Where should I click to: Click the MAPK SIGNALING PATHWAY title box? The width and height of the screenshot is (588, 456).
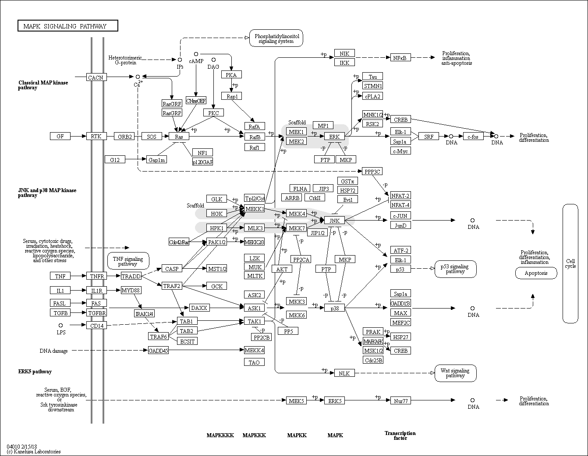pyautogui.click(x=67, y=26)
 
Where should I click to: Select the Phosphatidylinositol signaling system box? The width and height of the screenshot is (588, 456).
pyautogui.click(x=276, y=39)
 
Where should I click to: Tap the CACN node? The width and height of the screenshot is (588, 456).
pyautogui.click(x=96, y=77)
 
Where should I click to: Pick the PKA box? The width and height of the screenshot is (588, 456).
pyautogui.click(x=231, y=75)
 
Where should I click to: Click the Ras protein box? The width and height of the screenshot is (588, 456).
pyautogui.click(x=179, y=137)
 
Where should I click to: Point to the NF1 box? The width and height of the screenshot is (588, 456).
pyautogui.click(x=202, y=153)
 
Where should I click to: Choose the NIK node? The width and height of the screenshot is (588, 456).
pyautogui.click(x=344, y=53)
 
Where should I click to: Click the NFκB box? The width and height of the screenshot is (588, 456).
pyautogui.click(x=400, y=57)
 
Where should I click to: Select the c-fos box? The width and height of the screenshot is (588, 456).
pyautogui.click(x=473, y=137)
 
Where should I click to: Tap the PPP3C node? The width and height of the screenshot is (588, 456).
pyautogui.click(x=372, y=172)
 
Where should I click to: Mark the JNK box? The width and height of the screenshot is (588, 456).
pyautogui.click(x=334, y=221)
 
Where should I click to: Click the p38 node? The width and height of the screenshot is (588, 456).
pyautogui.click(x=335, y=308)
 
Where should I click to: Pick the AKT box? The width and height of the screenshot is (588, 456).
pyautogui.click(x=282, y=269)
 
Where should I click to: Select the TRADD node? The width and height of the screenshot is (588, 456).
pyautogui.click(x=131, y=276)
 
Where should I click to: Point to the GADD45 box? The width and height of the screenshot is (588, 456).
pyautogui.click(x=158, y=351)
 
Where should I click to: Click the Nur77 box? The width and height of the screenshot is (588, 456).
pyautogui.click(x=400, y=400)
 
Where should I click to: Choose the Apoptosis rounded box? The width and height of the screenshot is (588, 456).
pyautogui.click(x=536, y=273)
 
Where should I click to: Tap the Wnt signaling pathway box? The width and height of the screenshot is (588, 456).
pyautogui.click(x=455, y=373)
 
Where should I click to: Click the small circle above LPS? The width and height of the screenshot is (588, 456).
pyautogui.click(x=60, y=325)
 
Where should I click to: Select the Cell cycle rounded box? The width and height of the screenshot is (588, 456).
pyautogui.click(x=570, y=263)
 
